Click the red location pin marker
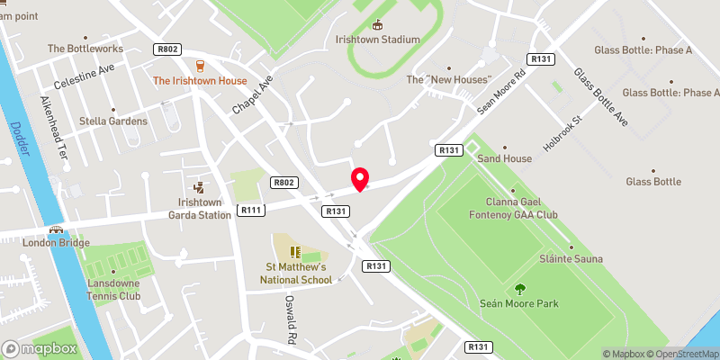(x=360, y=179)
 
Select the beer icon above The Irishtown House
(x=201, y=65)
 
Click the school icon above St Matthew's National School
(x=294, y=249)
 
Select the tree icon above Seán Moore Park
(x=519, y=288)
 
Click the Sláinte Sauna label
(x=571, y=259)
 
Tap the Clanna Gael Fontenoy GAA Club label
(x=514, y=209)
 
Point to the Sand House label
(x=504, y=158)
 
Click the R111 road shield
(x=250, y=210)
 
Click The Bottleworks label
(x=81, y=49)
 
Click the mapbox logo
(x=40, y=348)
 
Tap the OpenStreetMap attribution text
(x=677, y=353)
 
